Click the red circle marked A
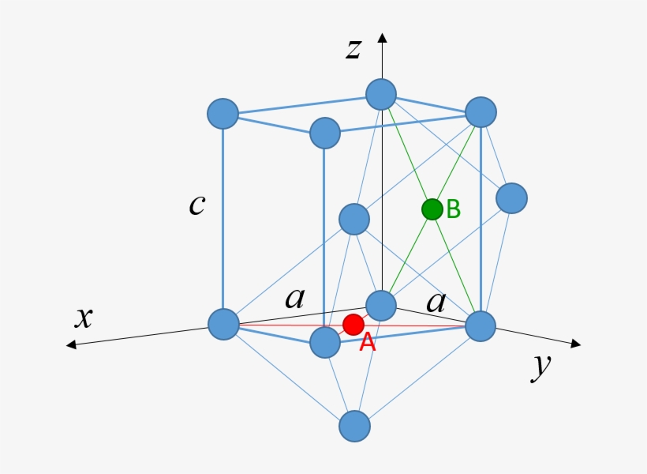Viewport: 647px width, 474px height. pos(353,324)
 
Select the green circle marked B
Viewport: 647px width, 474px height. pos(432,209)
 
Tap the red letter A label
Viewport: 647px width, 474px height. pos(367,343)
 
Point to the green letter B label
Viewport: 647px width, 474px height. pos(453,209)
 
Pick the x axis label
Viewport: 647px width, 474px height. pos(84,318)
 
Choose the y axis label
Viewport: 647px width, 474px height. pos(540,366)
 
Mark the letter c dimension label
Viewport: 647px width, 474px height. pos(196,205)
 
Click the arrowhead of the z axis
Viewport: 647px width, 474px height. pos(382,37)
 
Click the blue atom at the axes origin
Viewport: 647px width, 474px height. pos(381,305)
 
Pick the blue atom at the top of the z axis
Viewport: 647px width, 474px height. pos(380,94)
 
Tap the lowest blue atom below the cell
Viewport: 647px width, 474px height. pos(354,426)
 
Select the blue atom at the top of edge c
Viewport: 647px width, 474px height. pos(223,114)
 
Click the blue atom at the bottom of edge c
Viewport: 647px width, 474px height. pos(223,323)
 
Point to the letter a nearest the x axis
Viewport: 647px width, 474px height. pos(294,299)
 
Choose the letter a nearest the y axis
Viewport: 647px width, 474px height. pos(436,301)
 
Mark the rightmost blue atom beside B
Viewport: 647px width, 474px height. pos(511,197)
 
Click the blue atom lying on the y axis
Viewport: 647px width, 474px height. pos(481,325)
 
